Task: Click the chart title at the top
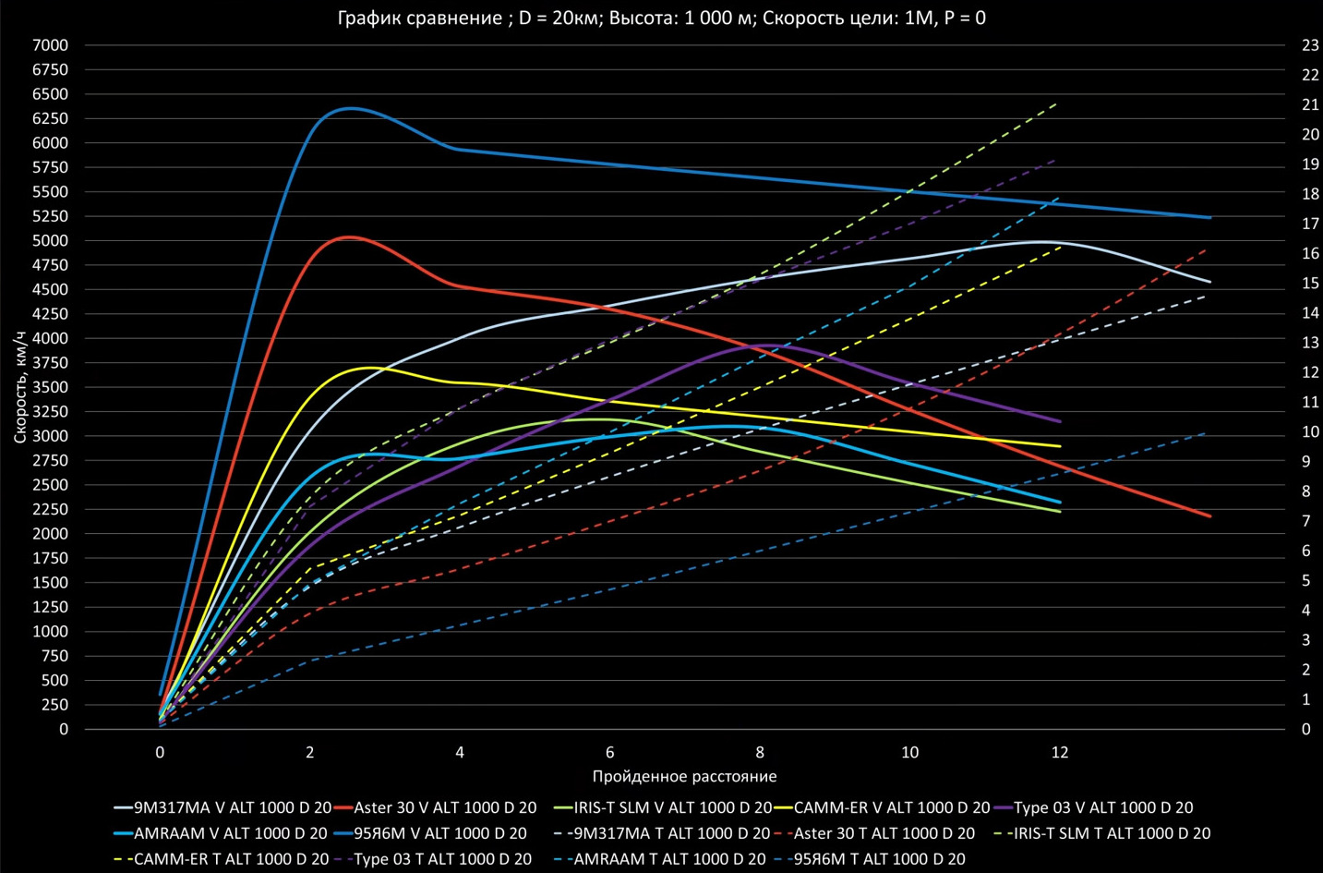click(661, 18)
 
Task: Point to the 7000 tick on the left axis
click(50, 45)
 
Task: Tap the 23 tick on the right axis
click(1310, 45)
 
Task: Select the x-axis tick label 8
click(760, 752)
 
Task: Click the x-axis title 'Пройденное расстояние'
click(684, 777)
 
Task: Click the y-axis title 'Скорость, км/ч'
click(19, 387)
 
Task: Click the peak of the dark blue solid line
click(351, 108)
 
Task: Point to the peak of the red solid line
click(349, 236)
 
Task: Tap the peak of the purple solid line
click(766, 346)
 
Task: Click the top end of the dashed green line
click(1056, 104)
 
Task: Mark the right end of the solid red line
click(1209, 516)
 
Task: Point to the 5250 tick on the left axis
click(50, 216)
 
